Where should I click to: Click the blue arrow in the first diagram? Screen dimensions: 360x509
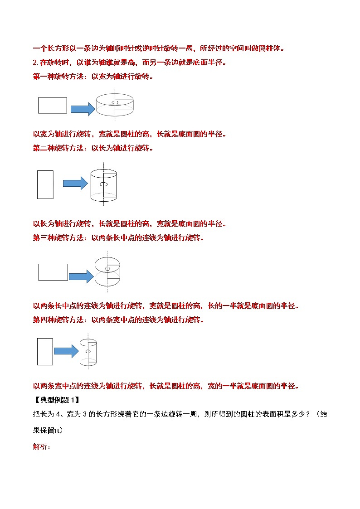[x=83, y=109]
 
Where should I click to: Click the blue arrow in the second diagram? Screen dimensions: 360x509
[x=75, y=183]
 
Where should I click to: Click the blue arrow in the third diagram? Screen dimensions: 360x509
[x=82, y=276]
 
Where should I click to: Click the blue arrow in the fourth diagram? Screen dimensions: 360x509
[x=66, y=351]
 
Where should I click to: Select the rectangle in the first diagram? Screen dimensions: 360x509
[x=53, y=106]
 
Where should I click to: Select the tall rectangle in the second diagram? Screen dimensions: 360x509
[x=45, y=185]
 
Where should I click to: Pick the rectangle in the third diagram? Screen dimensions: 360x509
[x=53, y=272]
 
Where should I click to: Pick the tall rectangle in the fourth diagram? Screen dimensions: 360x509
[x=45, y=352]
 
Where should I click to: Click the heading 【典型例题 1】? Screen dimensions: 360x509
[x=56, y=400]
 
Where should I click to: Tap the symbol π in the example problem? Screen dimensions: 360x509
[x=57, y=431]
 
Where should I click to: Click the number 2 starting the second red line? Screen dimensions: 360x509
[x=35, y=63]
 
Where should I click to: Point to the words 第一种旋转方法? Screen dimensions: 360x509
[x=58, y=77]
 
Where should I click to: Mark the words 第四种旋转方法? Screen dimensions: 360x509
[x=58, y=320]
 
